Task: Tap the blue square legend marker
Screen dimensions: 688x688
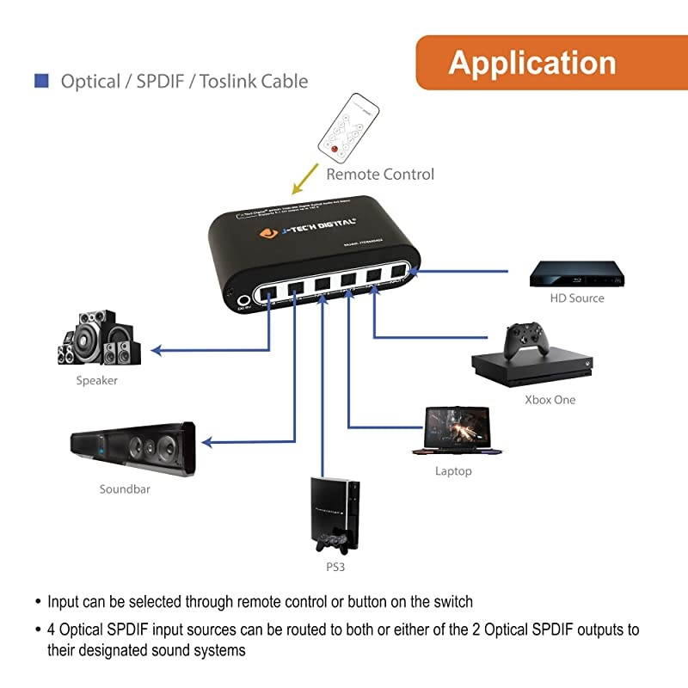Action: coord(40,81)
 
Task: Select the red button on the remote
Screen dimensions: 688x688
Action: coord(329,150)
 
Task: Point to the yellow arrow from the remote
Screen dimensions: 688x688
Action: coord(303,178)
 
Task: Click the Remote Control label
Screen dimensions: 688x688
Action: coord(379,175)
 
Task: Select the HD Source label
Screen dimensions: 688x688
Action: coord(577,298)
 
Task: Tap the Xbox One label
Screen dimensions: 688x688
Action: coord(550,400)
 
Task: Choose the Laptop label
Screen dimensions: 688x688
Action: coord(453,471)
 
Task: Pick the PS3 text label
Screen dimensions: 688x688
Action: coord(336,568)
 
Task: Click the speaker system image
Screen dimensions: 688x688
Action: coord(96,339)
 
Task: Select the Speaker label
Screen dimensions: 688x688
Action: coord(96,380)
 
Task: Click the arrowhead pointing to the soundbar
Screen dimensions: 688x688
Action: coord(206,443)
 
